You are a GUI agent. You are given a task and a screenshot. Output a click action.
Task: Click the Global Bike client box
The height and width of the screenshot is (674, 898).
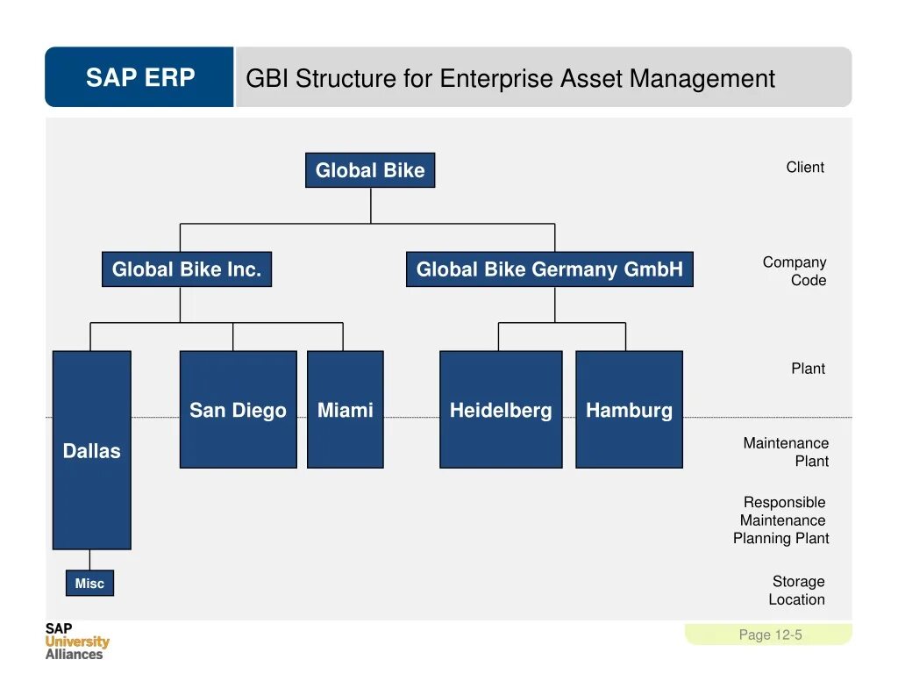click(x=369, y=170)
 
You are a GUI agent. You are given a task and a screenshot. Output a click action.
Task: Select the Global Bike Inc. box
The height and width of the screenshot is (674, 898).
click(x=187, y=269)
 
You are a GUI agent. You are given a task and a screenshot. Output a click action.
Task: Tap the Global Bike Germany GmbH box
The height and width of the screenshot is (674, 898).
click(x=549, y=269)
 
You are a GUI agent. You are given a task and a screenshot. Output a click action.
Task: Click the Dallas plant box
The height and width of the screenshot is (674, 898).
click(x=91, y=450)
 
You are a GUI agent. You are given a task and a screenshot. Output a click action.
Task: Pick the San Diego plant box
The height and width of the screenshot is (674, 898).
click(x=238, y=410)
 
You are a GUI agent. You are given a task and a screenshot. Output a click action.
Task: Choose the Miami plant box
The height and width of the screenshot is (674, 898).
click(x=345, y=410)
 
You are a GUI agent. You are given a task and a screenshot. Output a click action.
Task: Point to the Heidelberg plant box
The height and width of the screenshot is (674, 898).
click(x=500, y=410)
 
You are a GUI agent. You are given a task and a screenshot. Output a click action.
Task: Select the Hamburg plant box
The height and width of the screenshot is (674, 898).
click(x=629, y=410)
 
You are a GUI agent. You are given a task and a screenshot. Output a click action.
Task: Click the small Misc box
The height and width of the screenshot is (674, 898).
click(x=89, y=584)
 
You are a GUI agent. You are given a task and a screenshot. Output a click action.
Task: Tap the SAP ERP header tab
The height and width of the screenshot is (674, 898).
click(x=139, y=78)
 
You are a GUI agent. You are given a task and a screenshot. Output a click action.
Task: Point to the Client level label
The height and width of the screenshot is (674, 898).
click(x=804, y=168)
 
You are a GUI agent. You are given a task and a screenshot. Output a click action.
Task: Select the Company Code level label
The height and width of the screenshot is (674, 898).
click(x=795, y=271)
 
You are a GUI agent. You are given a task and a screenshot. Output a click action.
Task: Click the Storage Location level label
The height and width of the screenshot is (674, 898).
click(x=797, y=591)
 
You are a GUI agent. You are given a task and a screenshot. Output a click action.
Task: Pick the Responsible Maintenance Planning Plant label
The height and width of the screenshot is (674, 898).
click(x=781, y=520)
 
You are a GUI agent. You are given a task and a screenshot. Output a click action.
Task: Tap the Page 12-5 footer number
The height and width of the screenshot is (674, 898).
click(x=770, y=635)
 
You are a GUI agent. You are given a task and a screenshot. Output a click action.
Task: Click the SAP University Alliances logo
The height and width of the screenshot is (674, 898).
click(x=76, y=641)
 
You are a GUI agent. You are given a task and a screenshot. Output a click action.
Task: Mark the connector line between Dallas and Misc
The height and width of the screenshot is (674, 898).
click(x=89, y=560)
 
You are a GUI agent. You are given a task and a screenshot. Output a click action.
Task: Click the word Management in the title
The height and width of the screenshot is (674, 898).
click(x=702, y=79)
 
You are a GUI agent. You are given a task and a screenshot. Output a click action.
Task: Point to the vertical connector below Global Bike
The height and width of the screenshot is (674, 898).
click(x=370, y=205)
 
